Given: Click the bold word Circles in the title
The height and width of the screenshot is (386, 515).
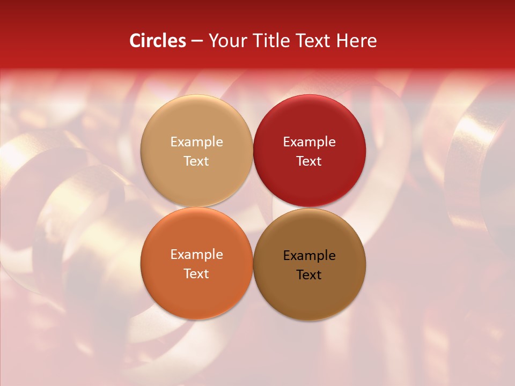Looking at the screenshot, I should [158, 41].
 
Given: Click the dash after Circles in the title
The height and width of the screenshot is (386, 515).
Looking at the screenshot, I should [197, 41].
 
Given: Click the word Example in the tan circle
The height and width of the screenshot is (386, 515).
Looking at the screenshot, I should [196, 142].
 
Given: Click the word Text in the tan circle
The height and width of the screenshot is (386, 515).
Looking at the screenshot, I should [196, 161].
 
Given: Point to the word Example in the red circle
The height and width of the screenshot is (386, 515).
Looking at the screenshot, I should [309, 142].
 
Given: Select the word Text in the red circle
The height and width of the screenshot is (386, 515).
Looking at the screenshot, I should [309, 161].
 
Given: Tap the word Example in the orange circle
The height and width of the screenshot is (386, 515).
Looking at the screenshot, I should [196, 255].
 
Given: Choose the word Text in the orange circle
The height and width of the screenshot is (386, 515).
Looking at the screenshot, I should [196, 273].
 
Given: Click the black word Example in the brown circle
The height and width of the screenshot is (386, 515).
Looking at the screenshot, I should [309, 256].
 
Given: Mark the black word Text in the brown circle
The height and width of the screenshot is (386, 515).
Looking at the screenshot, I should [309, 274].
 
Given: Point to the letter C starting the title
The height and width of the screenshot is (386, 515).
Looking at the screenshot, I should [135, 41].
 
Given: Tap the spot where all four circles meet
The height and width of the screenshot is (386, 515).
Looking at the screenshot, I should [253, 207].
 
